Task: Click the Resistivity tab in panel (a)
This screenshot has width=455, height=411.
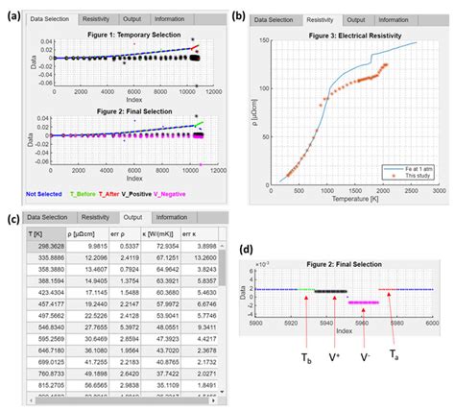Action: click(99, 19)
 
